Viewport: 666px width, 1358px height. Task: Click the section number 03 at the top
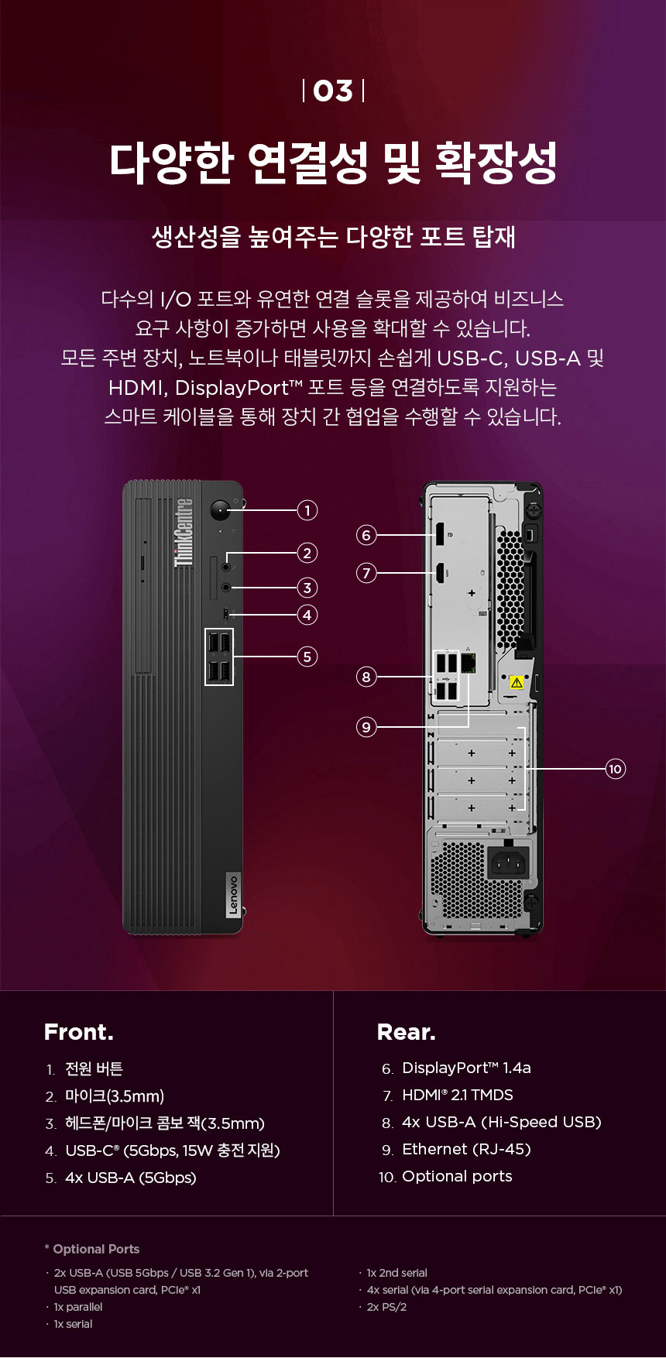tap(333, 91)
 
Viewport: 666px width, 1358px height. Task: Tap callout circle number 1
tap(307, 510)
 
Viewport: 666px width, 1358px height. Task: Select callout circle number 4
tap(307, 615)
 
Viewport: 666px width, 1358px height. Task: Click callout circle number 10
tap(615, 769)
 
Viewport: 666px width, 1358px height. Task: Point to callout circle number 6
tap(366, 535)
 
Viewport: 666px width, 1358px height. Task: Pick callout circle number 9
tap(366, 727)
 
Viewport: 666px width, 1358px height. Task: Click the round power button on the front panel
tap(221, 511)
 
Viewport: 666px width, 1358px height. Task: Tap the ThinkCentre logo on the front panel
tap(184, 532)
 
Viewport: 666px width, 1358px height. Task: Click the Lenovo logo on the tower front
tap(233, 895)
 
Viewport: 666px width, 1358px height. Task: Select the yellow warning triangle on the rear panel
tap(517, 683)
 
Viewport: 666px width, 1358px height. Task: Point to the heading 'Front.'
tap(79, 1032)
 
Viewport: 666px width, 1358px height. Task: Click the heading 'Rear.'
tap(407, 1032)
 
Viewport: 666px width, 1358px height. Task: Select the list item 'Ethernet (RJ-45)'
tap(466, 1149)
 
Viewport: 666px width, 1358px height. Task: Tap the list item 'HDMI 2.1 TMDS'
tap(458, 1095)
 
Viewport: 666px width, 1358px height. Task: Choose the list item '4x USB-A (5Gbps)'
tap(131, 1178)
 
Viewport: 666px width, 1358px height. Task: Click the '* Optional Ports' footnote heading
tap(92, 1249)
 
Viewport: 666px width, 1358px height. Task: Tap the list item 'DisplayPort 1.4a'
tap(466, 1068)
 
